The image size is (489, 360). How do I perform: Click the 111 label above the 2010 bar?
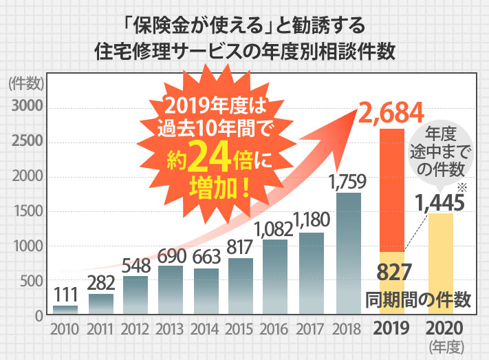point(65,295)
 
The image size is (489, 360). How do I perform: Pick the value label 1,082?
point(276,229)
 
